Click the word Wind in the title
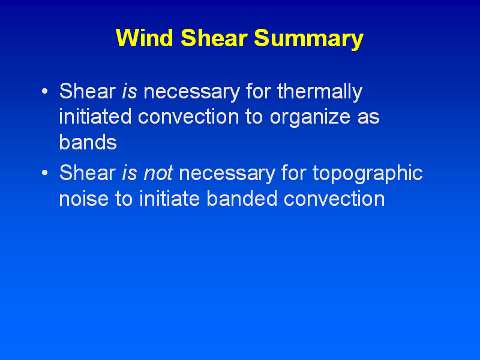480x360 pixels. click(145, 38)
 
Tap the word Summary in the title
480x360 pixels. click(308, 40)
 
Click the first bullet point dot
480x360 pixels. click(44, 91)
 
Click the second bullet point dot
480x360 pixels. click(44, 173)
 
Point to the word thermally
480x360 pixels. click(320, 92)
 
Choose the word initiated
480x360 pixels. click(95, 116)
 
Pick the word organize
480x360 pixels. click(310, 118)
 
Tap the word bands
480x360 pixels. click(88, 142)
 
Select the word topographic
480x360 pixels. click(367, 174)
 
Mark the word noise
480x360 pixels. click(83, 199)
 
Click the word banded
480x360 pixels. click(242, 198)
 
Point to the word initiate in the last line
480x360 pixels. click(169, 198)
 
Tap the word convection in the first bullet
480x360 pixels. click(188, 117)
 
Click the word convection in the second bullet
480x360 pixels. click(334, 199)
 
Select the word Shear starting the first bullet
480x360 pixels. click(87, 91)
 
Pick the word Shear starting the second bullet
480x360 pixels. click(87, 172)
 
